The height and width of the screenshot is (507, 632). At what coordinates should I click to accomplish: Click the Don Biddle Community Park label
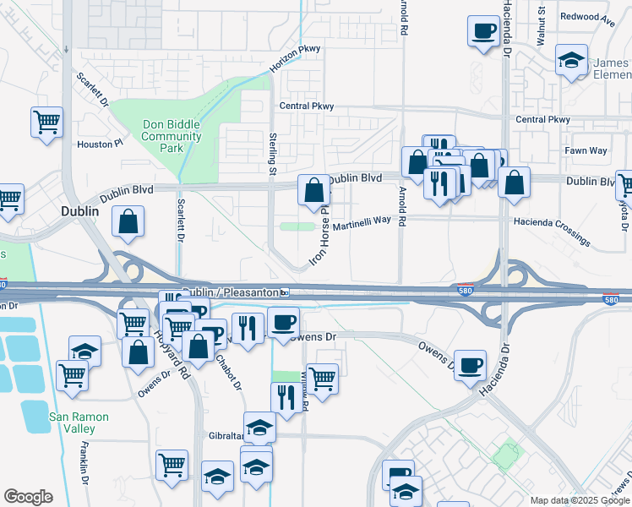click(171, 136)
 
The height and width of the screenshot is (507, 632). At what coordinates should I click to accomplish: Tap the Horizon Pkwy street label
click(295, 59)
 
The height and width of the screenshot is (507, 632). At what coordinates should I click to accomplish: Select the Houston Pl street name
click(101, 144)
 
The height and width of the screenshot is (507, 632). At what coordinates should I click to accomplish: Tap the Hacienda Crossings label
click(552, 231)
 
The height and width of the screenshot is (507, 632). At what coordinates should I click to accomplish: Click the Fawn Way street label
click(586, 151)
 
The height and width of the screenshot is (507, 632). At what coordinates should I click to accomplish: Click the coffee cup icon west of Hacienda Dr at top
click(483, 31)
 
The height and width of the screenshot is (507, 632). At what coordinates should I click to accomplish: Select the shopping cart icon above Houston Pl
click(46, 121)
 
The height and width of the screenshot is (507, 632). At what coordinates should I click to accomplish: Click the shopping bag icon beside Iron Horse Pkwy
click(313, 190)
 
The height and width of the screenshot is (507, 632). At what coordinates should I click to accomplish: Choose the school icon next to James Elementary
click(571, 60)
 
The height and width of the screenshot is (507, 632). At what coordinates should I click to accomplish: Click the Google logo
click(28, 497)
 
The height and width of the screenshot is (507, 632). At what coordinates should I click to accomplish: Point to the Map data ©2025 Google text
click(580, 500)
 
